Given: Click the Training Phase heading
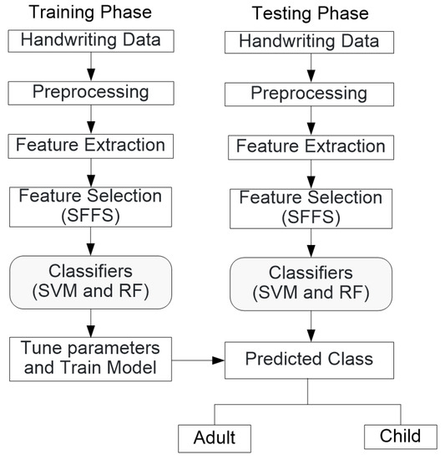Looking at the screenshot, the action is (90, 13).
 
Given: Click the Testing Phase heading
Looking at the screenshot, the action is (310, 13).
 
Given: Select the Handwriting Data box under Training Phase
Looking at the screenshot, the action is (91, 41).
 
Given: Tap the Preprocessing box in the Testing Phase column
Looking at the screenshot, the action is (309, 95).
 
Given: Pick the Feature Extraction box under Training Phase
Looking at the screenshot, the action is (91, 146).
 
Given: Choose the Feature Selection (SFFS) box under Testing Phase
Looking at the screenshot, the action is (311, 209).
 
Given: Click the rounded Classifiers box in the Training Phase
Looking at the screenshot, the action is (91, 282).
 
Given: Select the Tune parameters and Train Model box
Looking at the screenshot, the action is (90, 359).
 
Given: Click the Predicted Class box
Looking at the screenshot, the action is (309, 360).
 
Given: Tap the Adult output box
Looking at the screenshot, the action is (215, 438).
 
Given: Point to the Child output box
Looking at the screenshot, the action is (401, 437).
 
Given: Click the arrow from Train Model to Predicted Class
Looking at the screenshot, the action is (198, 360).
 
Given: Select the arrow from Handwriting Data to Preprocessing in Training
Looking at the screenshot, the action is (91, 67).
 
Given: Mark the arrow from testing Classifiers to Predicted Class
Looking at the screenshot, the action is (311, 326).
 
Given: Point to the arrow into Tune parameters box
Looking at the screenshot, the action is (91, 323).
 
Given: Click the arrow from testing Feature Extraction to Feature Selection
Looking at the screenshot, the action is (311, 174).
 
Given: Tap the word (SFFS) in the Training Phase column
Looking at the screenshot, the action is (90, 216).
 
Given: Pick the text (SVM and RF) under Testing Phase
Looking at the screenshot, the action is (311, 293).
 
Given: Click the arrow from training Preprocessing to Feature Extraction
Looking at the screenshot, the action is (91, 120).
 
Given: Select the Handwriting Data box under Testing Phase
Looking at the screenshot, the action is (309, 43).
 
